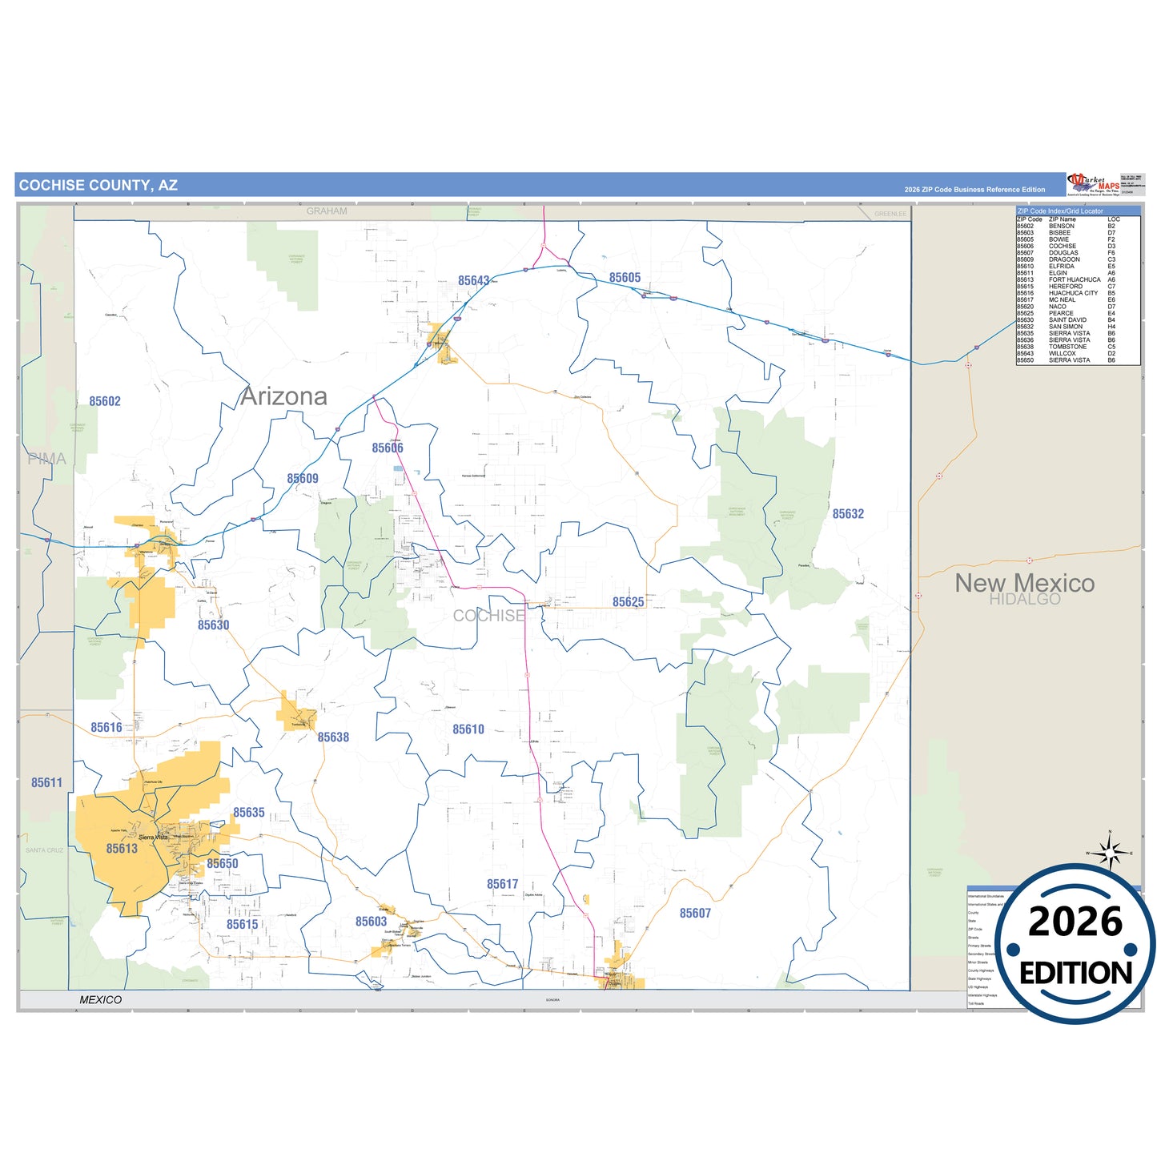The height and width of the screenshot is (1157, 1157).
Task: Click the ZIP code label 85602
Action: coord(105,401)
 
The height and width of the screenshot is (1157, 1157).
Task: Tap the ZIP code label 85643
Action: coord(473,281)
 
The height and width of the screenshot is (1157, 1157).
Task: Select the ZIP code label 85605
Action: coord(625,278)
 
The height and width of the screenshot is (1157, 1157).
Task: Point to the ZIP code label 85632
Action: coord(848,514)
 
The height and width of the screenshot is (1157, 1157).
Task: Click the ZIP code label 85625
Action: coord(628,602)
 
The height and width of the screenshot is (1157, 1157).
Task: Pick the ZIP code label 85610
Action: coord(468,729)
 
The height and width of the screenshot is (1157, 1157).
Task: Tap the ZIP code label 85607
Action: coord(695,913)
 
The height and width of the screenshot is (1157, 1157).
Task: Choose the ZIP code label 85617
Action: coord(503,884)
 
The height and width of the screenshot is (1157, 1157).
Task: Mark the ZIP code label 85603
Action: coord(371,922)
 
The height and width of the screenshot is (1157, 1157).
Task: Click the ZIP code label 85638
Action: coord(333,737)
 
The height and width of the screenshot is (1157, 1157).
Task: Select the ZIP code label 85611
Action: coord(46,782)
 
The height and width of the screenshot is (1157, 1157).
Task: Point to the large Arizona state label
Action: coord(284,396)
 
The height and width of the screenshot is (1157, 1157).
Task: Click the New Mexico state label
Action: coord(1024,583)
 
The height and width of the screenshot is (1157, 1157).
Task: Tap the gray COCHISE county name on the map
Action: coord(489,616)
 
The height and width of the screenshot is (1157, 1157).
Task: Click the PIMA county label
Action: coord(46,459)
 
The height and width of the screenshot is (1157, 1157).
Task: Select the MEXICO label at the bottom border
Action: coord(101,999)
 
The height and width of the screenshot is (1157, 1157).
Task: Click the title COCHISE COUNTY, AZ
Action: coord(98,185)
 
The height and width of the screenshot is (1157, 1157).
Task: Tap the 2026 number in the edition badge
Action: coord(1075,922)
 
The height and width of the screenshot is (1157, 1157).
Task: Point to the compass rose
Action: coord(1110,853)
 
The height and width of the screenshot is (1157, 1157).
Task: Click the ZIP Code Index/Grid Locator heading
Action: coord(1059,211)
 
